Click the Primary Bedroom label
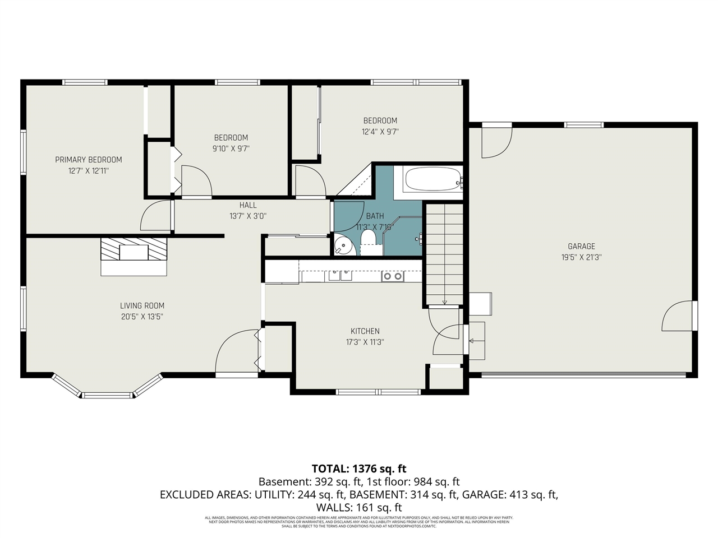(88, 160)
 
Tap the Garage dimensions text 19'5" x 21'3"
(581, 257)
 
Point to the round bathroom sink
(342, 245)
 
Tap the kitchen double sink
(340, 275)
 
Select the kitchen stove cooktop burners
(392, 276)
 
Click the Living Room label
(142, 305)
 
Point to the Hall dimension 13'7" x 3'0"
(247, 216)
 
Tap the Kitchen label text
(365, 331)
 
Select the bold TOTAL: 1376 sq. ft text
(359, 469)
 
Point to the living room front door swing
(236, 351)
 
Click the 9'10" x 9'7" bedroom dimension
(231, 149)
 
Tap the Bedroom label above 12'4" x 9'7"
(380, 120)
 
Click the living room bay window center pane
(109, 395)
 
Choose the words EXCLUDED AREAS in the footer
(205, 494)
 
